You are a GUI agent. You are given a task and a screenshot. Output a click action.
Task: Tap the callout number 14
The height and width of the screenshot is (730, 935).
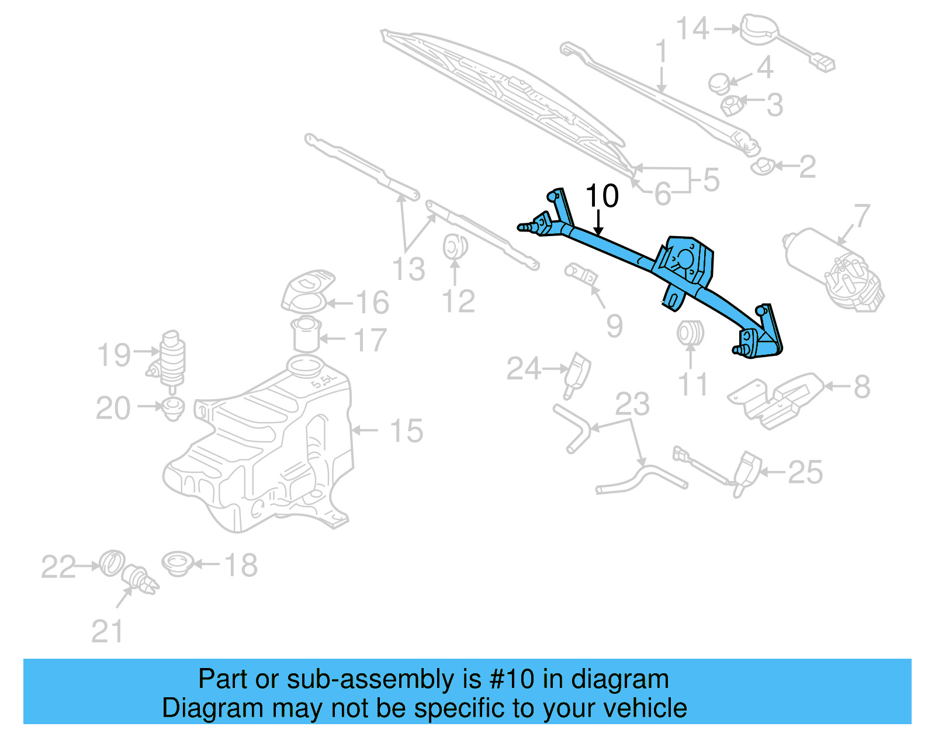pos(692,29)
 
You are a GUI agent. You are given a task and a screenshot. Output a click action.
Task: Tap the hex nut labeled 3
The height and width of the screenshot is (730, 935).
pos(732,105)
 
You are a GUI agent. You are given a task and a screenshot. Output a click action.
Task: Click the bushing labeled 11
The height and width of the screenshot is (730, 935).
pos(690,333)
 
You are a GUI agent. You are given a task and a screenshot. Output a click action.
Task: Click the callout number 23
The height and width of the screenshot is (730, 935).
pos(632,404)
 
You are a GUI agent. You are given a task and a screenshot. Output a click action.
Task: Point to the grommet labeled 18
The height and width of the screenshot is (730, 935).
pos(177,563)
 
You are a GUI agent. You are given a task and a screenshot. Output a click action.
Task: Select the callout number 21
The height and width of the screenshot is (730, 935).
pos(107,632)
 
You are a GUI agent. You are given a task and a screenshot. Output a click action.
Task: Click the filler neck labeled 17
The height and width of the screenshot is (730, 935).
pos(306,335)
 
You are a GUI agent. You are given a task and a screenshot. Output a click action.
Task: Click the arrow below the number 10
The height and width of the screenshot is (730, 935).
pos(598,224)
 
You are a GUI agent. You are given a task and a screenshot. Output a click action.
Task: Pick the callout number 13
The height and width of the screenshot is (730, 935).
pos(408,269)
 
